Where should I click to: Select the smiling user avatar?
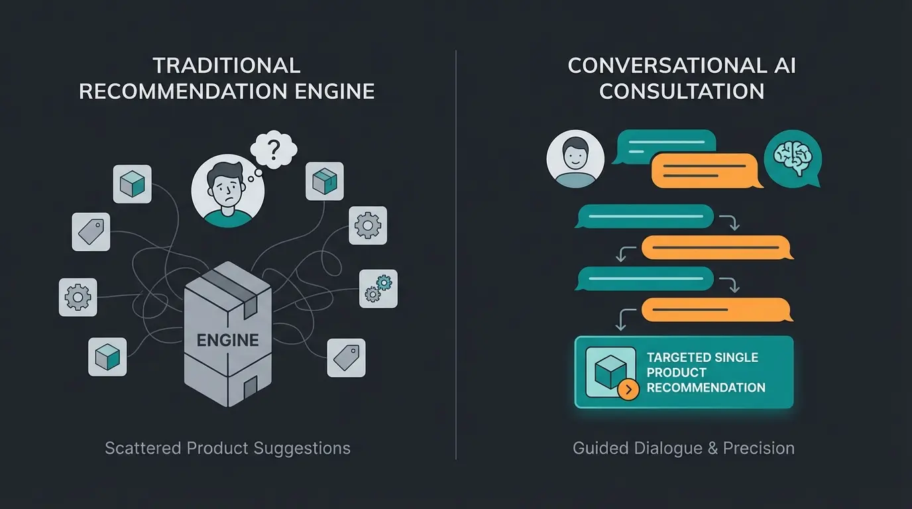coord(575,158)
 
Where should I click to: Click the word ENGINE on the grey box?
coord(227,341)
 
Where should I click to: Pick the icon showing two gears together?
coord(378,288)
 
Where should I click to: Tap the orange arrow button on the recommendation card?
coord(628,389)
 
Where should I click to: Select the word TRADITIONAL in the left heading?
coord(227,66)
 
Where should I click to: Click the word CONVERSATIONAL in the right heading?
coord(659,66)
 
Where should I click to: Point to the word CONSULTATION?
coord(681,91)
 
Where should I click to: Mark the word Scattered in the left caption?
coord(143,448)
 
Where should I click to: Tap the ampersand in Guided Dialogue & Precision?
coord(712,448)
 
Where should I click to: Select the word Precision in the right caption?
coord(758,448)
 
